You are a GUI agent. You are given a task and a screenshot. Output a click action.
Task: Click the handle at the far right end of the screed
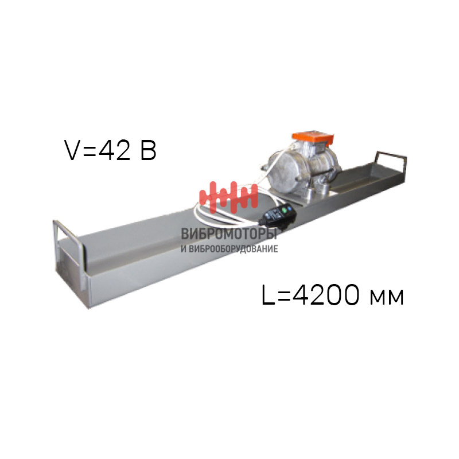(391, 164)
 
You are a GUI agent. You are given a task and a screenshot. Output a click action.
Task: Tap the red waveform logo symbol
(228, 197)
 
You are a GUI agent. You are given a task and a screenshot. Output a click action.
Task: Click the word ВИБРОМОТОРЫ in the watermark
(229, 234)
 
